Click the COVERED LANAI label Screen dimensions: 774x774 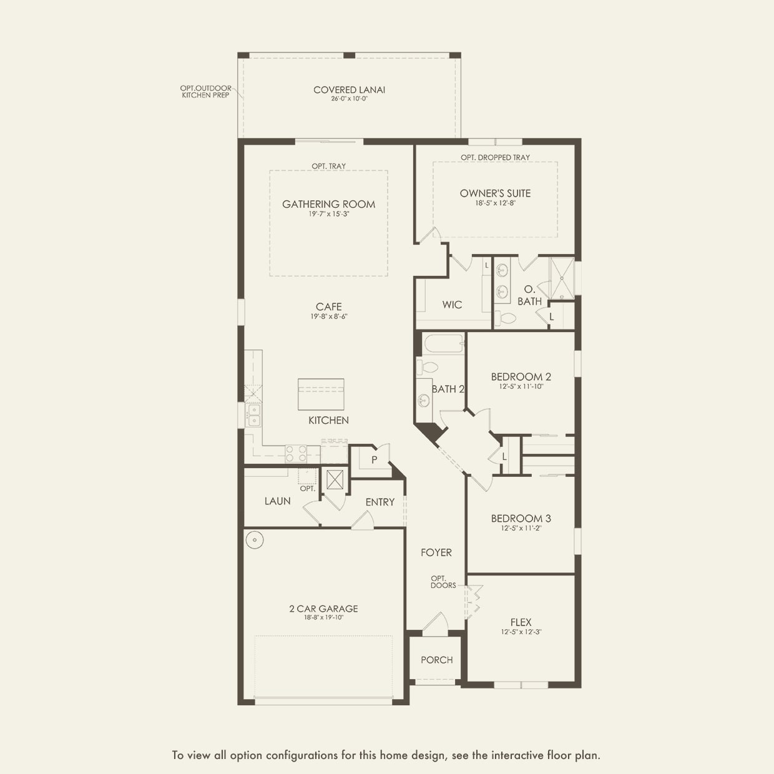click(349, 90)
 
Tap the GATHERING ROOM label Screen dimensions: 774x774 click(328, 204)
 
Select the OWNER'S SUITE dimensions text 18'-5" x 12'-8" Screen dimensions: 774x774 click(495, 203)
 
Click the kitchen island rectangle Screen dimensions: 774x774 click(321, 394)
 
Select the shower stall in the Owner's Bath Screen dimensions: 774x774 click(561, 278)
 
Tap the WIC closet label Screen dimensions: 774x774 click(452, 305)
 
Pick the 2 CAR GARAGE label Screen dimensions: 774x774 click(323, 609)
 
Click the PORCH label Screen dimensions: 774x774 click(436, 660)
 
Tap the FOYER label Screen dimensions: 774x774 click(436, 552)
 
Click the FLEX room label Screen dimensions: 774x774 click(521, 622)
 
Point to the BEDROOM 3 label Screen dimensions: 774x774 click(521, 518)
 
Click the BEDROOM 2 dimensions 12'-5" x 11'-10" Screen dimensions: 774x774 click(521, 386)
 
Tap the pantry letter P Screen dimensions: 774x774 click(375, 460)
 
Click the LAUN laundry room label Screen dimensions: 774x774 click(277, 501)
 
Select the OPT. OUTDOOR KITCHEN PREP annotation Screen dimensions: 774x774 click(205, 92)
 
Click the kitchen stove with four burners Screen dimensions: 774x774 click(296, 453)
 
